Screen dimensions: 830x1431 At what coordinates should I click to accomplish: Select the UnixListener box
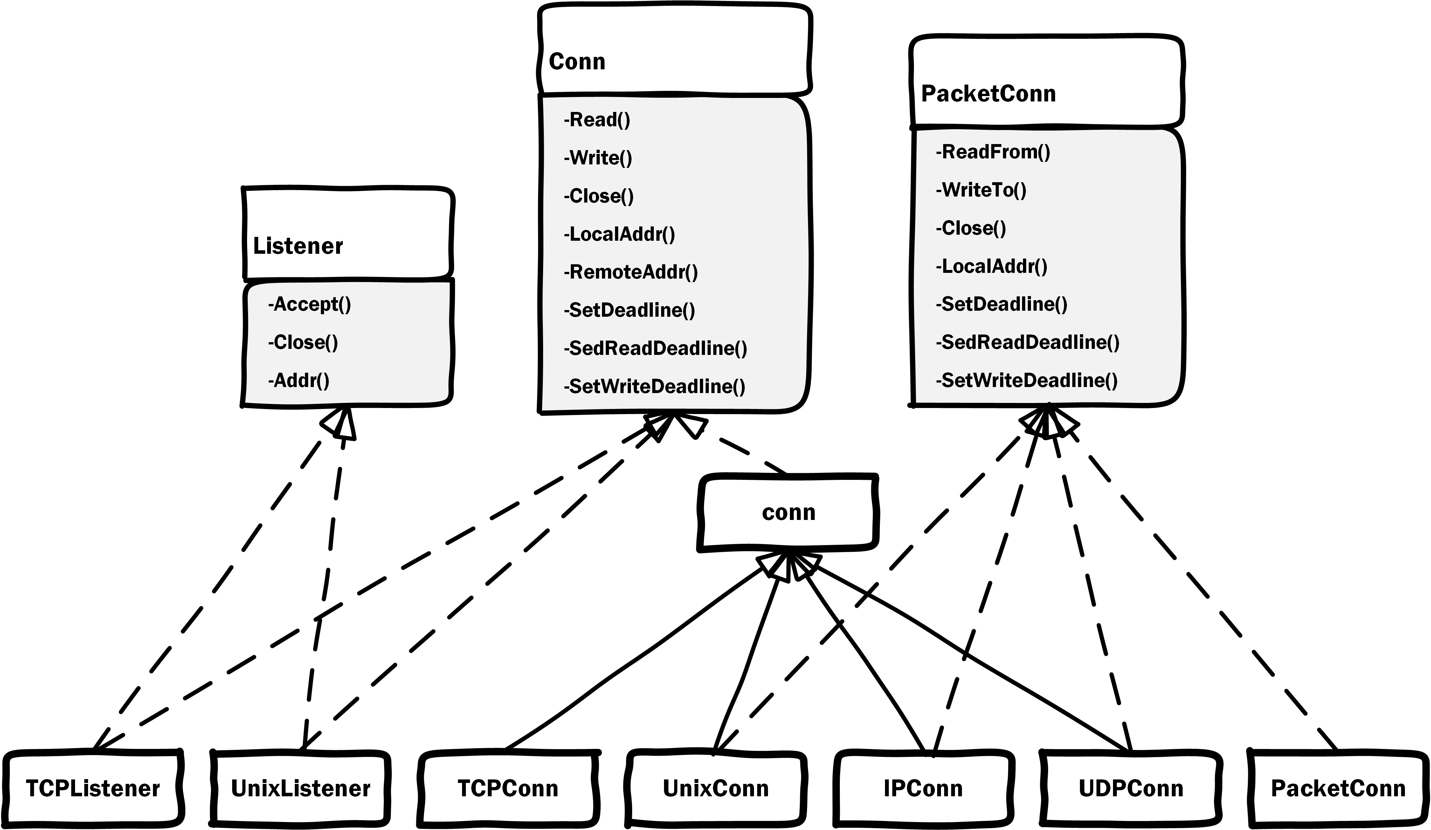tap(301, 789)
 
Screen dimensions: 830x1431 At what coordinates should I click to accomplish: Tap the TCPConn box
tap(508, 789)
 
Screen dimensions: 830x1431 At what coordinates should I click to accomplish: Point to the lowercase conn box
tap(788, 513)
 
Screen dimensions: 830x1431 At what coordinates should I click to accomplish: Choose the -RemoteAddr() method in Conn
tap(631, 273)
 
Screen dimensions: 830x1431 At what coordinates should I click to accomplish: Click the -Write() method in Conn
tap(598, 158)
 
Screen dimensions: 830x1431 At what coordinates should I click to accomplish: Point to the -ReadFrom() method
tap(993, 152)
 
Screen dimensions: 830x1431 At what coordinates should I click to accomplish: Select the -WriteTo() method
tap(981, 190)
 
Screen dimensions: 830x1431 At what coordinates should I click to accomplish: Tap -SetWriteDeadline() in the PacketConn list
tap(1027, 380)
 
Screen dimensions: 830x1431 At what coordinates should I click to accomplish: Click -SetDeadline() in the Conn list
tap(629, 311)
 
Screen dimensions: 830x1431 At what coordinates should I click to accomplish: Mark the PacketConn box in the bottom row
tap(1338, 789)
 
